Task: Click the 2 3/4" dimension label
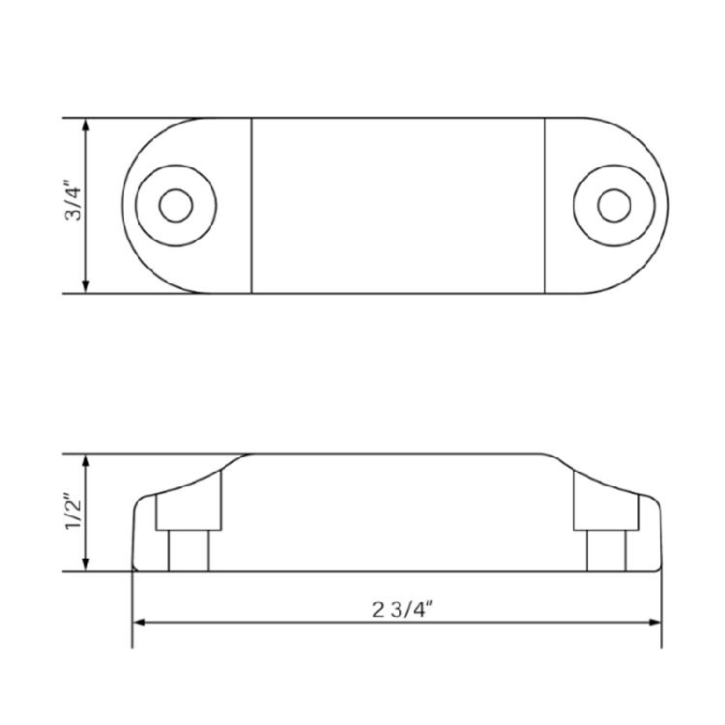[396, 609]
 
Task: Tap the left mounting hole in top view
[175, 205]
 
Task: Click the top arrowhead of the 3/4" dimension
[87, 125]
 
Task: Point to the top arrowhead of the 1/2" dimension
[87, 460]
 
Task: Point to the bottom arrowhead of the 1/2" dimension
[87, 565]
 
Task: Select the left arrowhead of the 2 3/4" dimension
[138, 622]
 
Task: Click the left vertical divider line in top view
[252, 205]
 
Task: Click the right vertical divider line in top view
[545, 205]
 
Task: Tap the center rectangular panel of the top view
[398, 205]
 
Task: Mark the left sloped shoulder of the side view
[198, 478]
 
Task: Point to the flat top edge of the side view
[398, 453]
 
